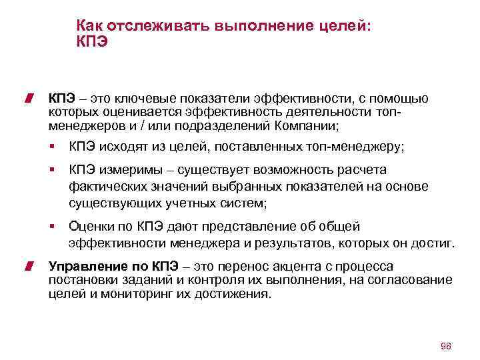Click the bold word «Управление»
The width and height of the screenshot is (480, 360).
click(82, 267)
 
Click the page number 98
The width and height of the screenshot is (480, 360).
click(446, 347)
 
